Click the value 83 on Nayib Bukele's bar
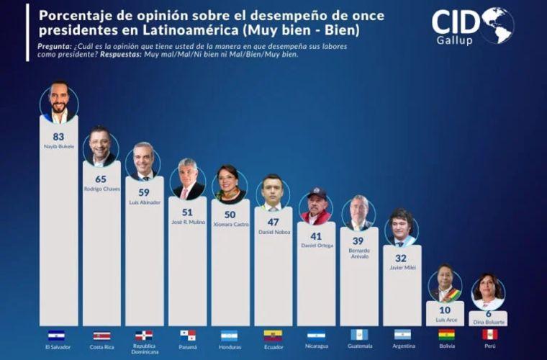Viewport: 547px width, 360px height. click(58, 136)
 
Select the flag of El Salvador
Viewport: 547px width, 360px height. click(56, 336)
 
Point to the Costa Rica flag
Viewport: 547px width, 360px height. click(101, 336)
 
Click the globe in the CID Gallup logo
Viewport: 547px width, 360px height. click(497, 25)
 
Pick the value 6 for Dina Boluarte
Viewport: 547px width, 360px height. click(489, 314)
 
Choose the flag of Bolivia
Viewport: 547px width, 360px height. click(446, 335)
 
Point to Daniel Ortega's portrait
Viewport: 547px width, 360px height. click(316, 207)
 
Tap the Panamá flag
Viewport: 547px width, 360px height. click(187, 336)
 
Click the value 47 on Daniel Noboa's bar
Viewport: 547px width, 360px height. click(273, 223)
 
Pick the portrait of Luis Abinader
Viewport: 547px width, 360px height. click(144, 162)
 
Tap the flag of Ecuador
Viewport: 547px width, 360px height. click(273, 336)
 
